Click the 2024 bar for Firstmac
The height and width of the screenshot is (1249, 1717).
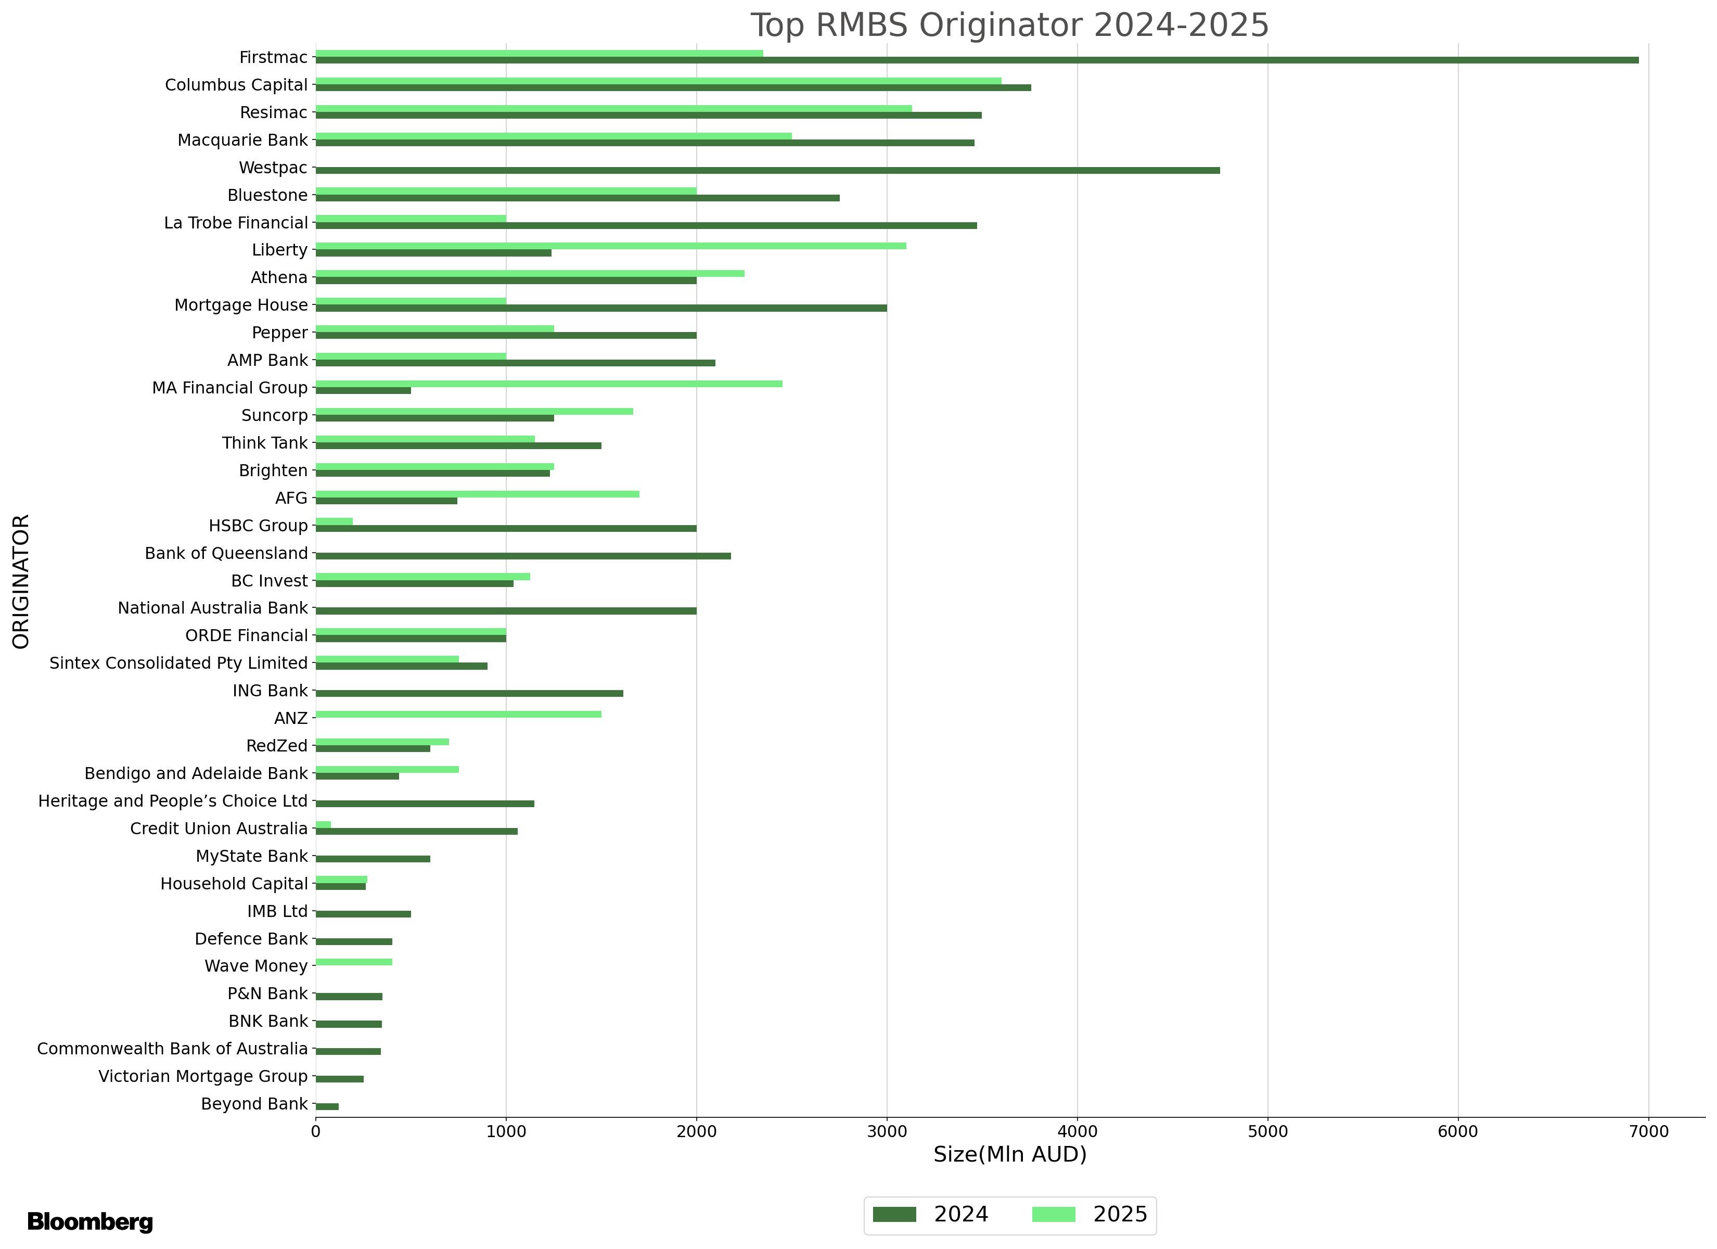click(977, 60)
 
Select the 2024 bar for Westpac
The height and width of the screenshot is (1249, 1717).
click(767, 170)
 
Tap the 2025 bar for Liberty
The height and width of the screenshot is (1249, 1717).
click(610, 246)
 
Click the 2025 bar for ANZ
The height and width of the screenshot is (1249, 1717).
click(458, 714)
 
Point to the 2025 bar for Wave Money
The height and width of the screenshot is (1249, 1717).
click(353, 962)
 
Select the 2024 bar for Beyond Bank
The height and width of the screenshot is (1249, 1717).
click(327, 1106)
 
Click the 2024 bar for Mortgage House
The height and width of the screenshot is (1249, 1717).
click(600, 308)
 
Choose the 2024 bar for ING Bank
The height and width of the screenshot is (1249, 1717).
click(469, 693)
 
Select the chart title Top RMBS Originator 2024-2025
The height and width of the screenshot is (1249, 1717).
click(1009, 25)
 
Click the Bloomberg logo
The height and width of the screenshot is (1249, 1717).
click(90, 1222)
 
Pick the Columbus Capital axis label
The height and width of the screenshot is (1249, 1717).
click(236, 85)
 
